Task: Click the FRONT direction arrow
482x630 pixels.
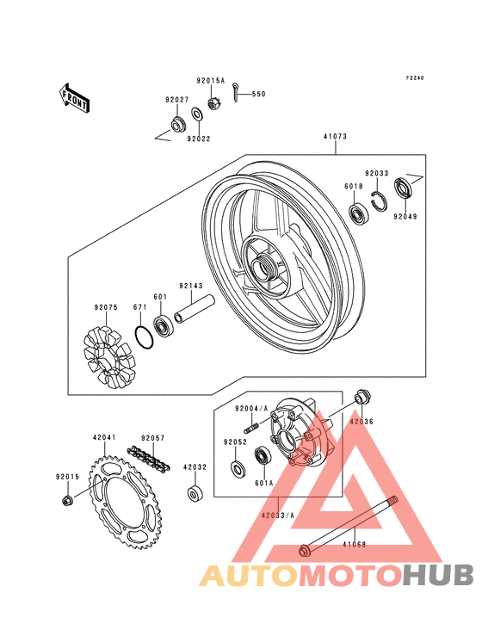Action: click(x=74, y=98)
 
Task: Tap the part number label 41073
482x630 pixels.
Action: click(x=335, y=137)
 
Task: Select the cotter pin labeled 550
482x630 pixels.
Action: click(x=236, y=92)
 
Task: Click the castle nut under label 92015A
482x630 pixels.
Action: click(x=213, y=103)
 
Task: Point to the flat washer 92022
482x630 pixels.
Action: click(x=197, y=114)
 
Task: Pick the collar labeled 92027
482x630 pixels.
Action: click(x=177, y=124)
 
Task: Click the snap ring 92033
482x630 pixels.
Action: click(x=379, y=201)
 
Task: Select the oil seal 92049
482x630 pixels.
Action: click(x=403, y=188)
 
